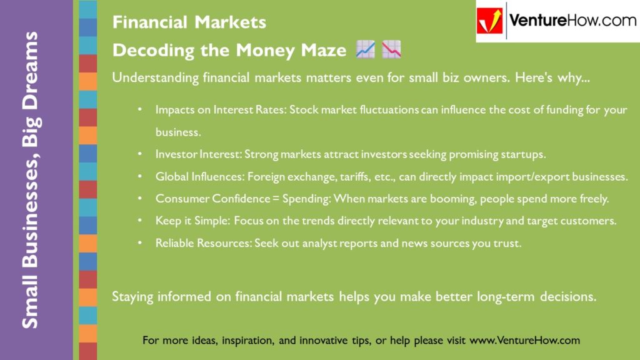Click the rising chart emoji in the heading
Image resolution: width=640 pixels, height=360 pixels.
pyautogui.click(x=365, y=50)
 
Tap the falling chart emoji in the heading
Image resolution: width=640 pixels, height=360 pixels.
pyautogui.click(x=392, y=50)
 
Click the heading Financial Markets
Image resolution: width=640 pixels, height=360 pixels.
pyautogui.click(x=189, y=22)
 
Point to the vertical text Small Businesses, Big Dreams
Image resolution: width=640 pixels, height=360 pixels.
pyautogui.click(x=29, y=180)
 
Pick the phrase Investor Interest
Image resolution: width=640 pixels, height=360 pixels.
pyautogui.click(x=198, y=154)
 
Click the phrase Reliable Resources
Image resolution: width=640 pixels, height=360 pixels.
pyautogui.click(x=203, y=244)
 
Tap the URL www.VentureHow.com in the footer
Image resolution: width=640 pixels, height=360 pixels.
pyautogui.click(x=524, y=341)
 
